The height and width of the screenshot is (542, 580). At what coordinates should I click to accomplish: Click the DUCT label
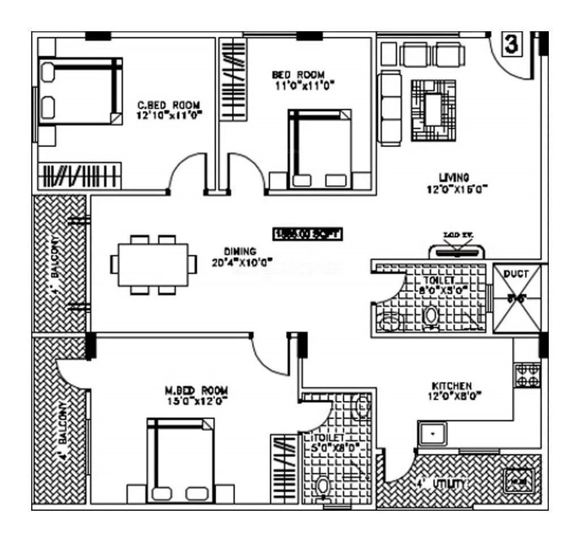point(516,274)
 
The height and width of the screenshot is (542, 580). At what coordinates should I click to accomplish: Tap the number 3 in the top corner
point(511,45)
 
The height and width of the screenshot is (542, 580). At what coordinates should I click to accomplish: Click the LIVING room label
point(457,177)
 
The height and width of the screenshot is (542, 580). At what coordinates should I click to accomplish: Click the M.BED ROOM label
point(197,390)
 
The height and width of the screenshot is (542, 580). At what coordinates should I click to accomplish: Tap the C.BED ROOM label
point(169,105)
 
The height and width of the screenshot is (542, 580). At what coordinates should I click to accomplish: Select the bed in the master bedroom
point(181,459)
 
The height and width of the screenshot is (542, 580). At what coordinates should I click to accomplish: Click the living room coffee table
point(433,110)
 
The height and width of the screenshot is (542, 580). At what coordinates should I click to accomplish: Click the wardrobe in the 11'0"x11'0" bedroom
point(233,79)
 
